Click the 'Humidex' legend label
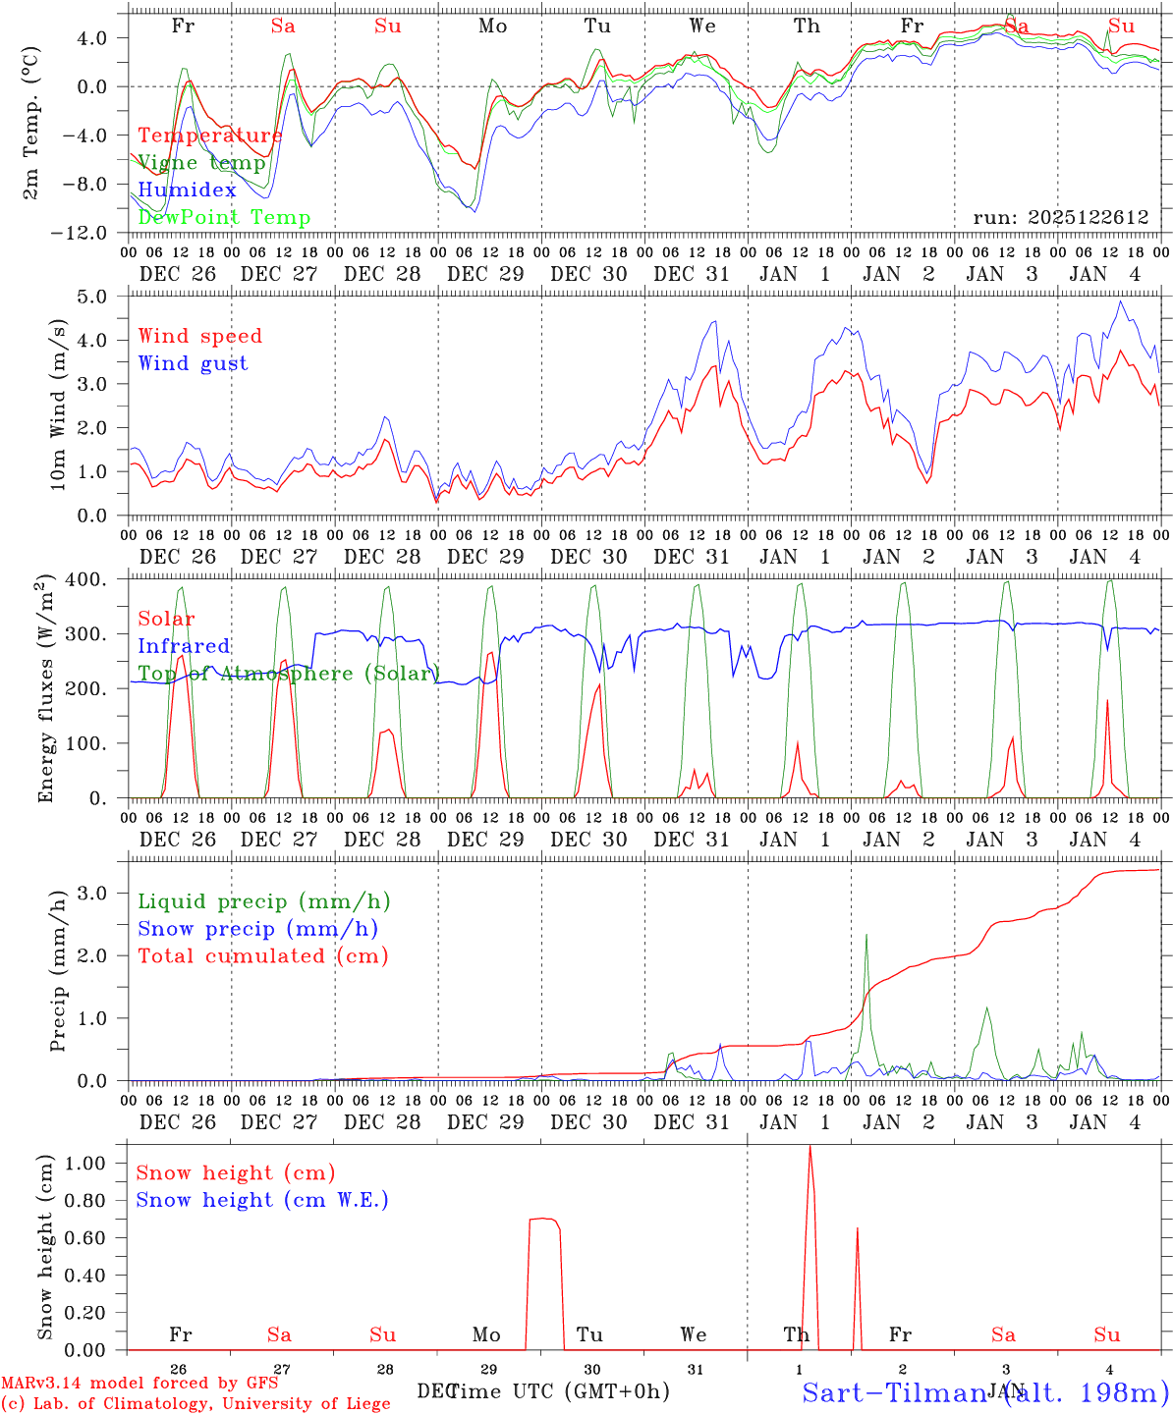(x=188, y=190)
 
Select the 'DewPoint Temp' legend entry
(x=224, y=218)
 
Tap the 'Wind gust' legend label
(x=193, y=363)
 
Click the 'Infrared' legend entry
(x=184, y=646)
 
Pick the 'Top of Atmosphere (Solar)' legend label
(x=288, y=674)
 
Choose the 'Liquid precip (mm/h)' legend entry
(x=263, y=901)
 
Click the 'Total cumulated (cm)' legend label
(x=262, y=955)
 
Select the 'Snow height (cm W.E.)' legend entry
(x=262, y=1200)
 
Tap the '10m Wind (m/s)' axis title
(x=58, y=404)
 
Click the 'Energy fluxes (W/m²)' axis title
(x=44, y=690)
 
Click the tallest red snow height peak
(x=810, y=1147)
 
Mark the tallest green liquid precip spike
(x=866, y=935)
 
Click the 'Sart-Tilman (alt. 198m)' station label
(x=985, y=1392)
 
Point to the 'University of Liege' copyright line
(x=195, y=1403)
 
